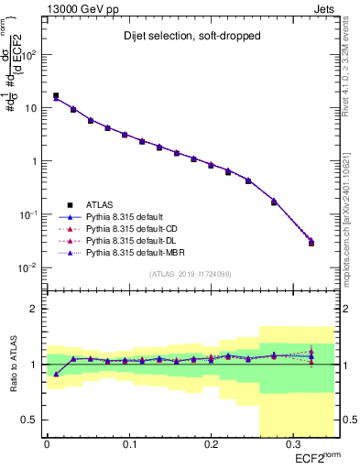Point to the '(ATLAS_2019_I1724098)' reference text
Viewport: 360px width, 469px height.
190,274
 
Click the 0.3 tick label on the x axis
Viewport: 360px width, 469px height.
292,446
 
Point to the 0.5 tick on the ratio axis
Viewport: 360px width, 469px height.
34,420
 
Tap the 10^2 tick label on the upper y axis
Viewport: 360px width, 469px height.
32,55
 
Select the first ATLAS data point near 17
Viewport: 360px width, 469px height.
56,95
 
